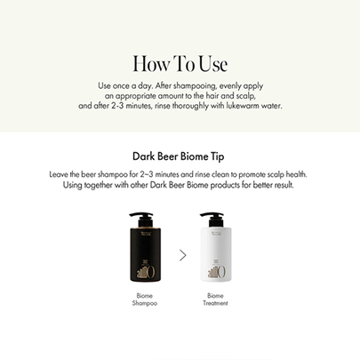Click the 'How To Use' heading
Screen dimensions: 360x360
180,63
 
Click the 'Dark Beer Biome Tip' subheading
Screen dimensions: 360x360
179,156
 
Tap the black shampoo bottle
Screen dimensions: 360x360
145,247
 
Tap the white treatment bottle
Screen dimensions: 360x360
216,247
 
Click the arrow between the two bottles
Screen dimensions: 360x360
183,255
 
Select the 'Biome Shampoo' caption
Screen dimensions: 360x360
145,300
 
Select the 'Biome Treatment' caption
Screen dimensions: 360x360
215,300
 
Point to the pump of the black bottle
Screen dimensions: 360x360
141,219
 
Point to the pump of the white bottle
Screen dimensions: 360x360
212,219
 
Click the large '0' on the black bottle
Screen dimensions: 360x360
150,272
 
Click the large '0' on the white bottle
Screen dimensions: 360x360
221,272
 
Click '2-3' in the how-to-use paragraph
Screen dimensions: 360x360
117,106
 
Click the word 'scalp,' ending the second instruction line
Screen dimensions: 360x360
246,96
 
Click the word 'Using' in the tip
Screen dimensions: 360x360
73,185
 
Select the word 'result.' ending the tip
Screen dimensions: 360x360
284,185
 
